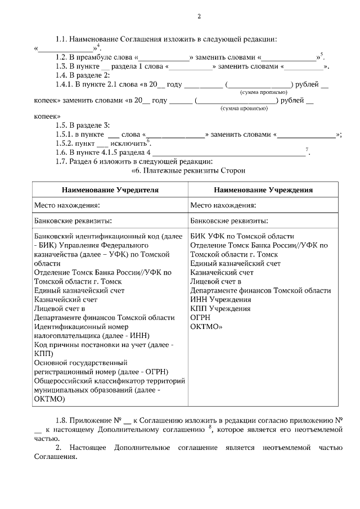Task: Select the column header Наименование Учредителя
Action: (x=110, y=190)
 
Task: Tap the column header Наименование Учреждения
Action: (x=263, y=190)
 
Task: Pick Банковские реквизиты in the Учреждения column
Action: (x=229, y=220)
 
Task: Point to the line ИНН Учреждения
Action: (x=220, y=299)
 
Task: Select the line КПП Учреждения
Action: (x=220, y=308)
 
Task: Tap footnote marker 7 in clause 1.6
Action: (x=307, y=149)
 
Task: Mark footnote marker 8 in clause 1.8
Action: (x=210, y=427)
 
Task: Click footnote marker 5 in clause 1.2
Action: (x=322, y=55)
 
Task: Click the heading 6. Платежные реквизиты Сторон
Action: (x=188, y=170)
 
